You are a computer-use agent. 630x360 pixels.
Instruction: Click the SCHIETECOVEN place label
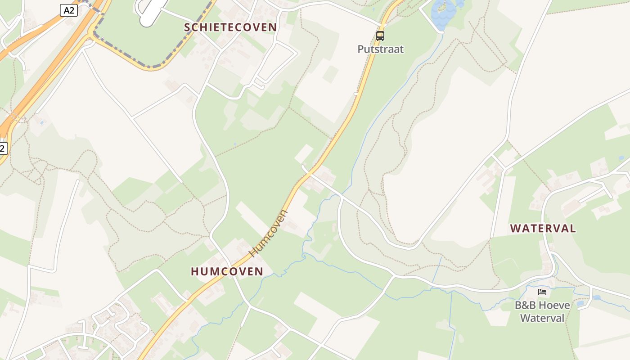(230, 27)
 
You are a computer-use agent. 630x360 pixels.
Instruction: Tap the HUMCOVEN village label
(227, 271)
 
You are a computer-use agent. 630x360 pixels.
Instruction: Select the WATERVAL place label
(543, 228)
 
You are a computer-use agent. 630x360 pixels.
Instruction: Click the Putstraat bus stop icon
(380, 36)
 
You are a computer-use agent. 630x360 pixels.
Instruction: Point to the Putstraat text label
(381, 49)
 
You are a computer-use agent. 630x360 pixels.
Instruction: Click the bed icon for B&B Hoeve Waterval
(542, 292)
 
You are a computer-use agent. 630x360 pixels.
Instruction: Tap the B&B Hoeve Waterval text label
(542, 311)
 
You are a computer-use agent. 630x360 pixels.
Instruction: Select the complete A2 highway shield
(69, 10)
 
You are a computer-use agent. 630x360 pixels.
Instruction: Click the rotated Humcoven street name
(268, 233)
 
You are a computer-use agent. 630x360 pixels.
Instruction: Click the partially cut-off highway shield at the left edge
(3, 148)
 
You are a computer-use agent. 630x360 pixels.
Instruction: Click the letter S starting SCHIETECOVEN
(188, 27)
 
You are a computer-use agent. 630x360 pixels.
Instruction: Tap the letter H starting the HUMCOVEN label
(195, 271)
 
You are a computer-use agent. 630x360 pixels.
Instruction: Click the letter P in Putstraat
(361, 49)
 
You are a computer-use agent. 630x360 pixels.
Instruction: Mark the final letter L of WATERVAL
(572, 228)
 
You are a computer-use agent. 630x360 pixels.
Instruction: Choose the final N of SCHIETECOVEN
(273, 27)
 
